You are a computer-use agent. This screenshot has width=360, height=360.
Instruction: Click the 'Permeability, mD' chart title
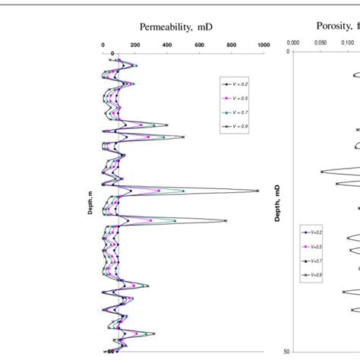tap(176, 27)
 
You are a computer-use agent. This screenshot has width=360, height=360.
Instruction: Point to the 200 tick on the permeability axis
tap(135, 45)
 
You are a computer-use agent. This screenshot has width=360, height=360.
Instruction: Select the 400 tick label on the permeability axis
tap(167, 45)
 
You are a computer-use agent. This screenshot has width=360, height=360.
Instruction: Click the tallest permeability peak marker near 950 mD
tap(257, 191)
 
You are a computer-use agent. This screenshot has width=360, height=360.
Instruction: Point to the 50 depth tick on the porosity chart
tap(286, 352)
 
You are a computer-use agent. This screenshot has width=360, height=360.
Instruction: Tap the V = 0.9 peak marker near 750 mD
tap(225, 221)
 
